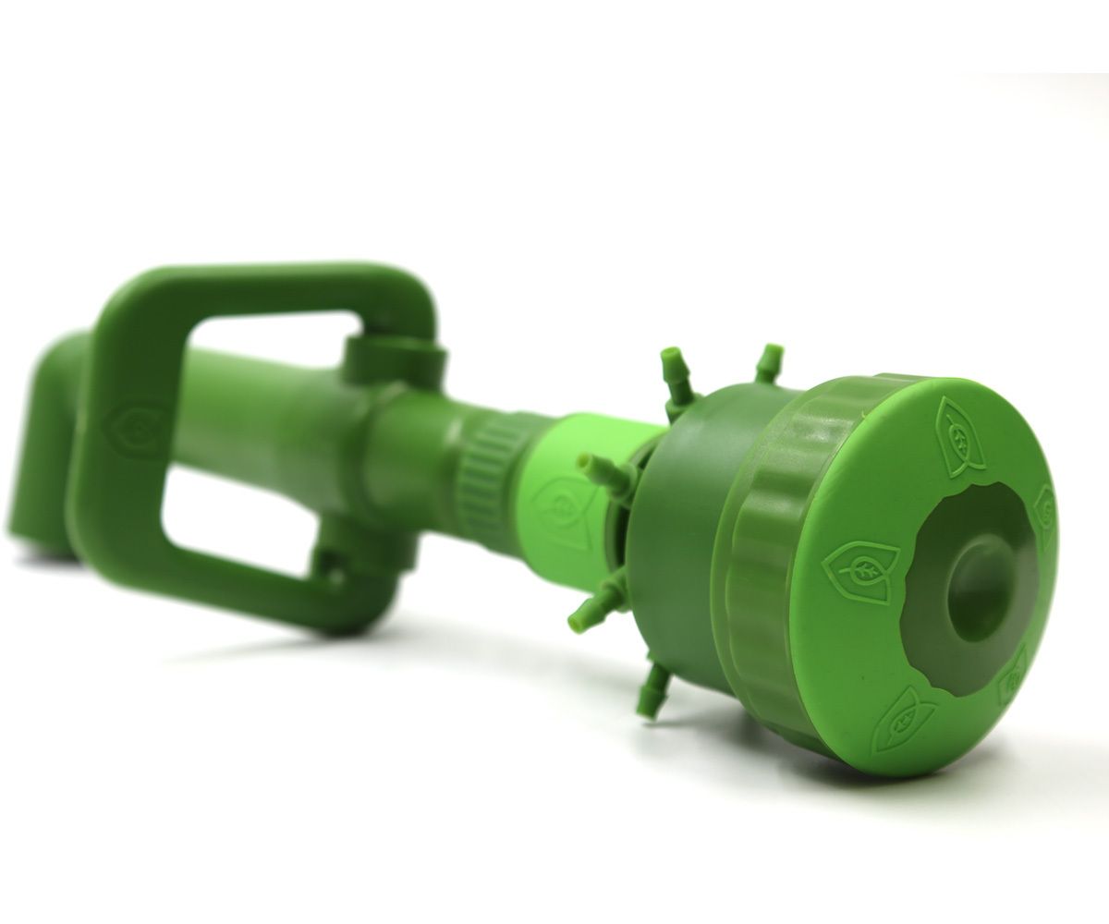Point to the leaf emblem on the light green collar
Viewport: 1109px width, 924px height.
pos(557,505)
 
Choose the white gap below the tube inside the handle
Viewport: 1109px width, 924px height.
pos(231,517)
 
